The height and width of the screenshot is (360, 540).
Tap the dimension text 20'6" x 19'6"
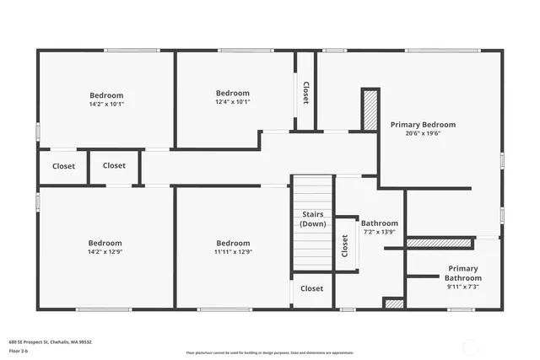tap(423, 133)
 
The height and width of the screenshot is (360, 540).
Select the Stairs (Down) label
tap(313, 219)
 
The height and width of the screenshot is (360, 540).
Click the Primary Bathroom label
tap(462, 273)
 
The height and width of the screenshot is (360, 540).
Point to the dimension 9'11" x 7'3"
tap(462, 287)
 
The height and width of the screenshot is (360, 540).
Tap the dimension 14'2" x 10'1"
tap(106, 105)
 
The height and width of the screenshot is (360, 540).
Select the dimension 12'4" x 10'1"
tap(233, 102)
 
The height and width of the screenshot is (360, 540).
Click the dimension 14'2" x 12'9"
tap(105, 251)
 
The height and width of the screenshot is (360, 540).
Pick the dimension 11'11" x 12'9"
tap(232, 251)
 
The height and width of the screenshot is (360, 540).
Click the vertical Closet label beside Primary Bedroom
tap(305, 92)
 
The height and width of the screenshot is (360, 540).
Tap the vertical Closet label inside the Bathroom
tap(345, 245)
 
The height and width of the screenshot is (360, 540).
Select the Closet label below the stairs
tap(311, 288)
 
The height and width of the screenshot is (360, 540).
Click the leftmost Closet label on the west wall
tap(63, 166)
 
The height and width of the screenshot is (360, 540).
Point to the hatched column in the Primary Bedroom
tap(369, 110)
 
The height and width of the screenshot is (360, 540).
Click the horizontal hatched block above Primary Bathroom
tap(438, 243)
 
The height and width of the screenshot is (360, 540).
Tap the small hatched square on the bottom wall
tap(393, 303)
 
